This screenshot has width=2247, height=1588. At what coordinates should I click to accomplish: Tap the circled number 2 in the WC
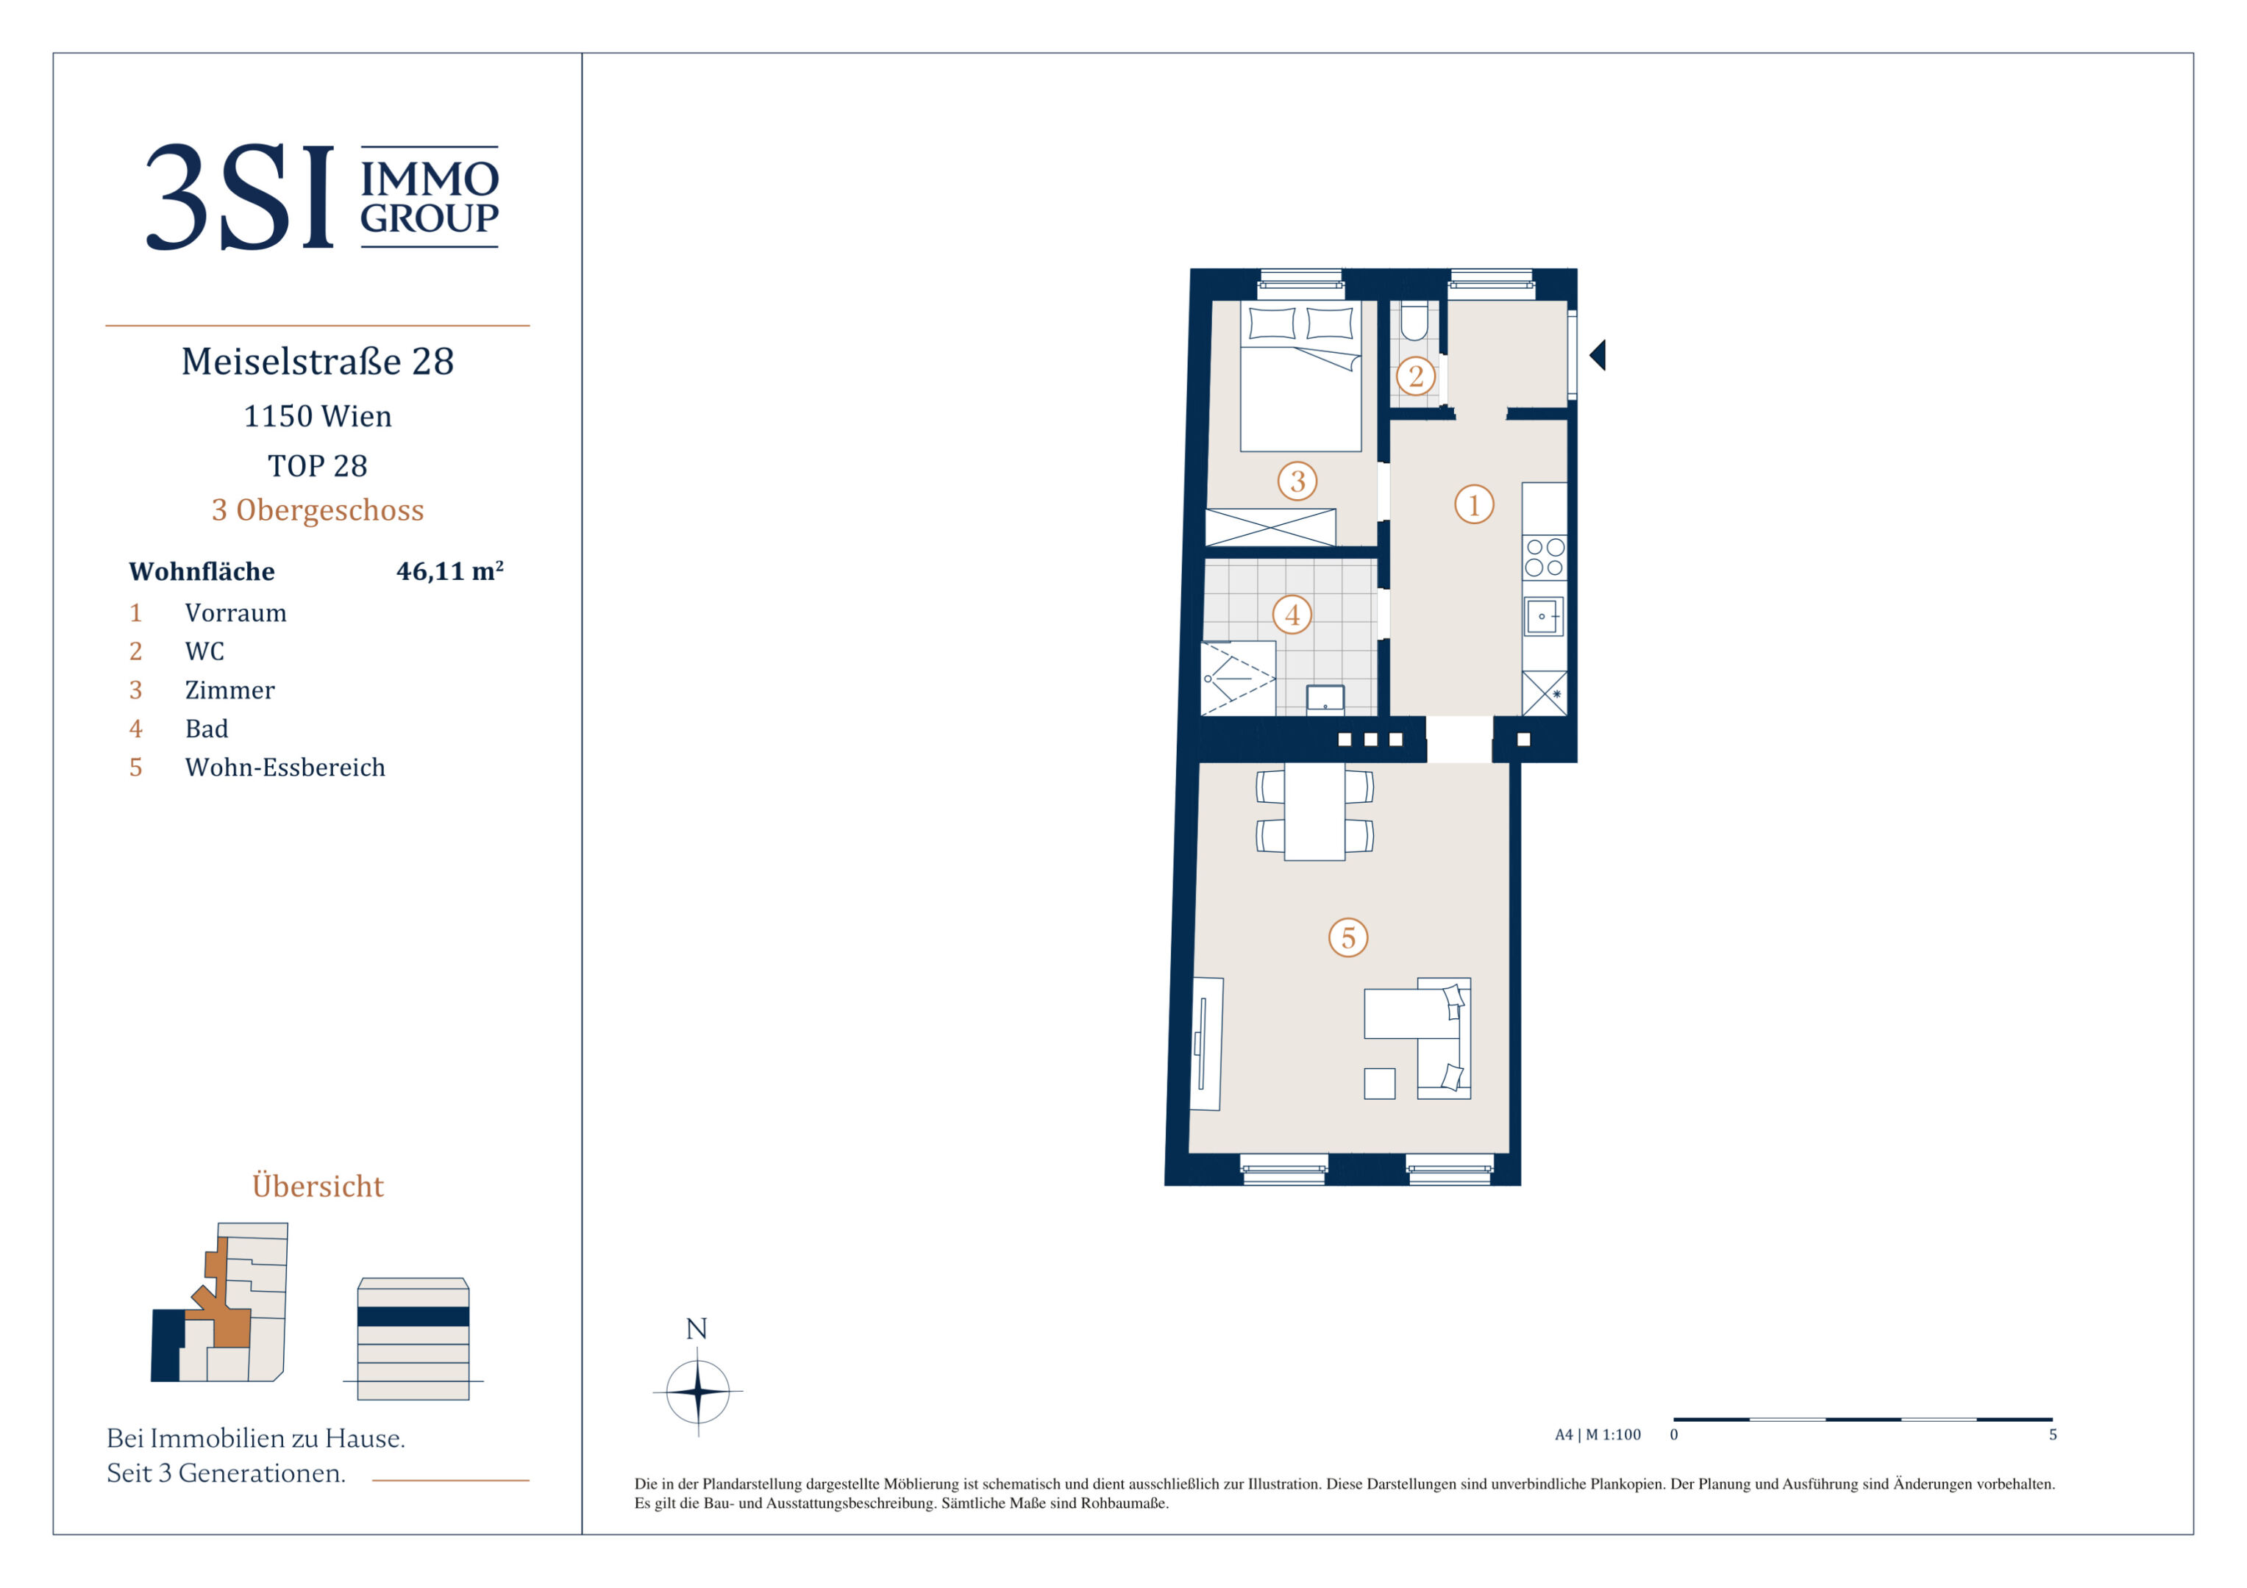(x=1415, y=376)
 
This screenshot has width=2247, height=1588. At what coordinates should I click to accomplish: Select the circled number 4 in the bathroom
(x=1292, y=615)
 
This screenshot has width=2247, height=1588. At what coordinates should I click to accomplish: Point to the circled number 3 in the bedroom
(x=1297, y=480)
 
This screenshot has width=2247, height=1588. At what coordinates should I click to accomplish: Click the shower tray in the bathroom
(x=1238, y=678)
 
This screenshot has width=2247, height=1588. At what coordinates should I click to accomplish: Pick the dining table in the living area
(x=1314, y=812)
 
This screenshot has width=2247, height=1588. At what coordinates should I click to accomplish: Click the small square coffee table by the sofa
(x=1379, y=1083)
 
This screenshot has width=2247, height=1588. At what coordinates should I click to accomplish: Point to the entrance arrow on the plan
(x=1597, y=355)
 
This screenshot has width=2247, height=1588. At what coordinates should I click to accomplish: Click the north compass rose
(x=698, y=1390)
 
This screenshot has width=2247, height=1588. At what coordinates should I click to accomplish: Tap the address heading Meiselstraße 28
(x=318, y=361)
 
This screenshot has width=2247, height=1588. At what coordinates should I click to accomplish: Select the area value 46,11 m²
(x=450, y=571)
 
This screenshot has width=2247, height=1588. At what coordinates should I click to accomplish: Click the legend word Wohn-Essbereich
(x=285, y=767)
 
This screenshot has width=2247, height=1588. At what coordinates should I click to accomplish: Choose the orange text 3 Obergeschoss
(x=318, y=509)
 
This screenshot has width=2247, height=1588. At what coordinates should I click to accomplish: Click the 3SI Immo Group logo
(x=322, y=197)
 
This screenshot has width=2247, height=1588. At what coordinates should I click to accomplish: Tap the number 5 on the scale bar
(x=2054, y=1434)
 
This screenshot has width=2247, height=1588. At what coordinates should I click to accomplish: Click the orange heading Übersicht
(x=318, y=1185)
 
